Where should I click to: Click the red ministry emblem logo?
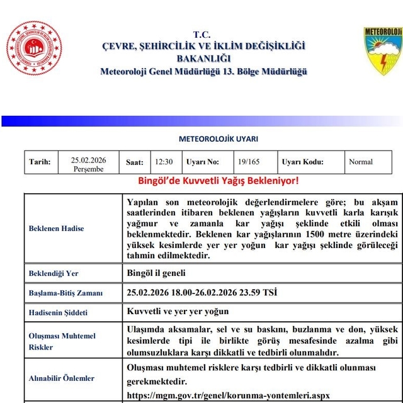click(34, 48)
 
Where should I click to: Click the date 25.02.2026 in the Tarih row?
click(89, 160)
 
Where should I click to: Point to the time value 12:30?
click(164, 162)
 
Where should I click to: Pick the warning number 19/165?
click(248, 162)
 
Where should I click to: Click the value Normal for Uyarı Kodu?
click(361, 162)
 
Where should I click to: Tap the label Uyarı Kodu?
click(303, 162)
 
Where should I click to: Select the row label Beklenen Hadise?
click(56, 228)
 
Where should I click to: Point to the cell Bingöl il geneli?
click(156, 273)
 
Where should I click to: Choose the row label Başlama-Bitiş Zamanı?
click(65, 293)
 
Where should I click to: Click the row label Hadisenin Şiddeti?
click(59, 312)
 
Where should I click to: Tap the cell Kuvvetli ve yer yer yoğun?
click(178, 312)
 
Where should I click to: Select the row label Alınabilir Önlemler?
click(62, 378)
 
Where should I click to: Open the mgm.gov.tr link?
click(228, 395)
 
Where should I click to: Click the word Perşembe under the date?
click(89, 169)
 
